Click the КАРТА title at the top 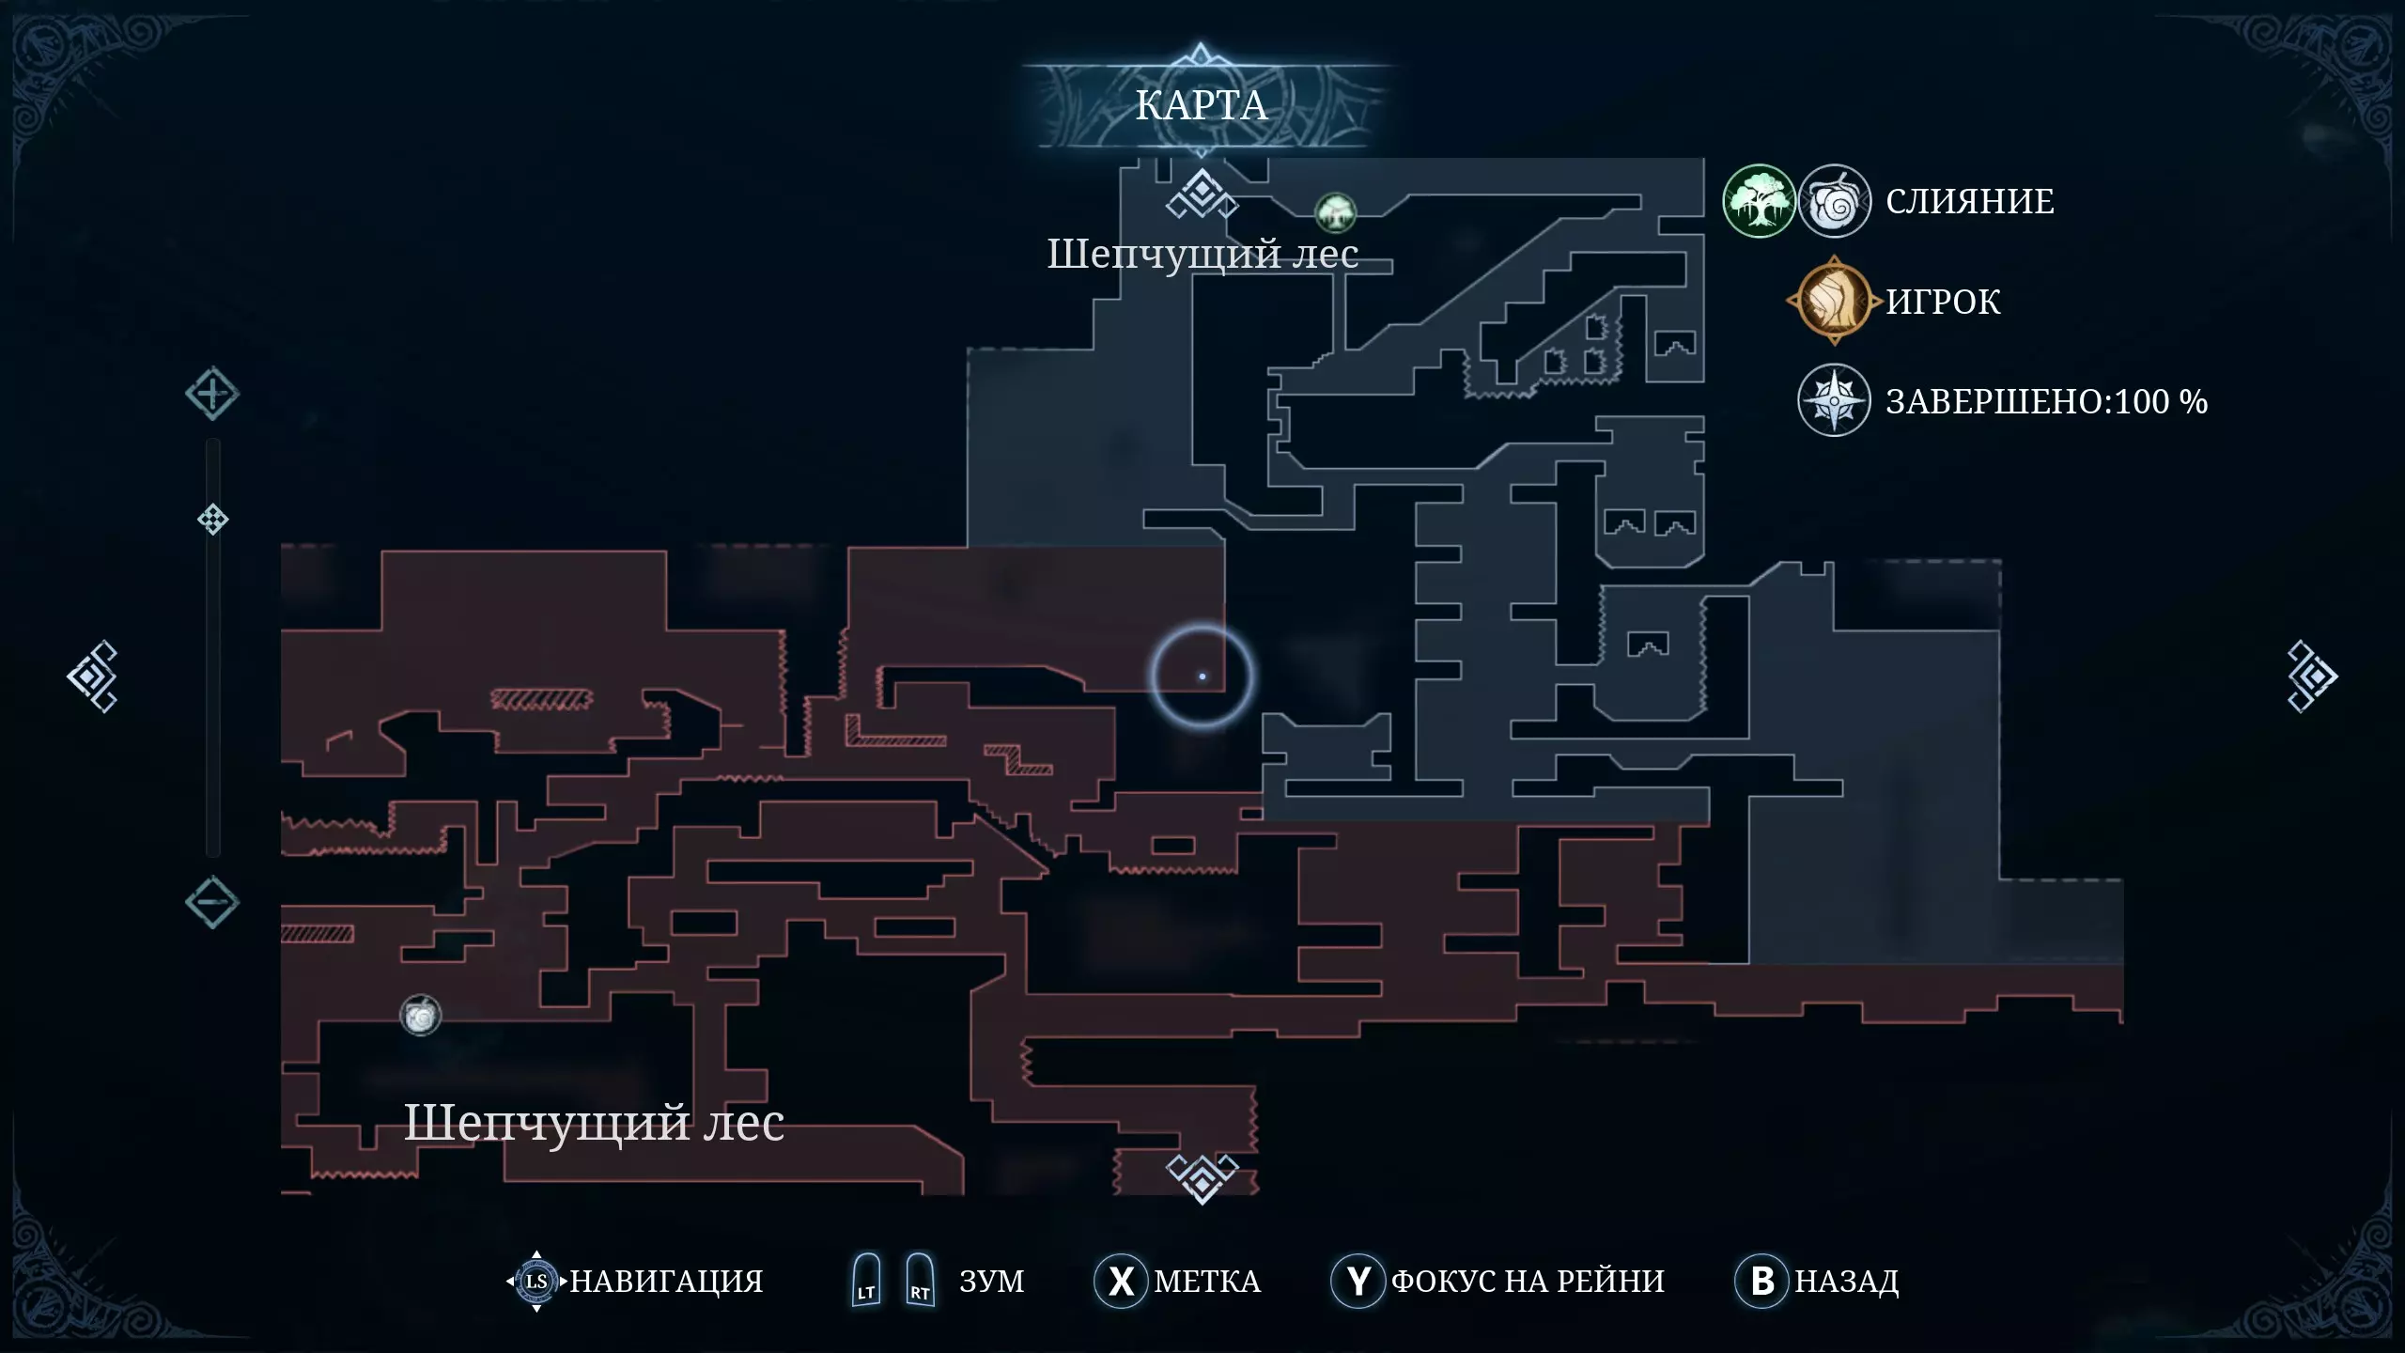(1202, 105)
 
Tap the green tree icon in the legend (1759, 201)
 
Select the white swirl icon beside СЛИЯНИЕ (1834, 201)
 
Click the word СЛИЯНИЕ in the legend (1970, 201)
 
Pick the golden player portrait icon (1834, 301)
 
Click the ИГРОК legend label (1943, 302)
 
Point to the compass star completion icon (1834, 400)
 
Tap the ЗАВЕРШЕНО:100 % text (2047, 401)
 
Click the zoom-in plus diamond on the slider (212, 393)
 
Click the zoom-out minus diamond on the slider (212, 903)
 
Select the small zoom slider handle (213, 520)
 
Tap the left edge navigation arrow (92, 676)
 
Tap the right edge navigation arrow (2312, 676)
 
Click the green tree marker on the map (1335, 213)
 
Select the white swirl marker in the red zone (420, 1015)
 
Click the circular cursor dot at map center (1202, 676)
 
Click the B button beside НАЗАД (1762, 1281)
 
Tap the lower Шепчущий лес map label (594, 1124)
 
